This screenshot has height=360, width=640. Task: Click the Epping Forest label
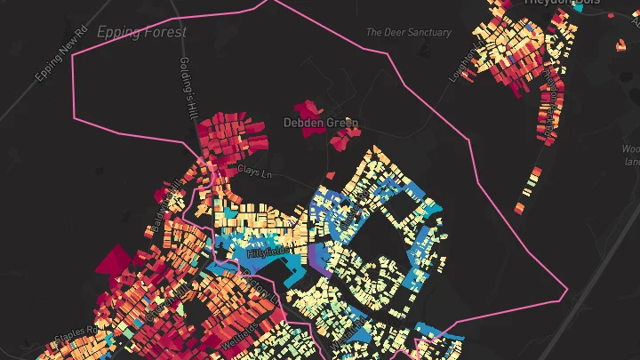(142, 32)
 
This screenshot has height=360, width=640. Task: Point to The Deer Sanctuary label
(409, 32)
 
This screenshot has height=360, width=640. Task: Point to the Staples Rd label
(75, 341)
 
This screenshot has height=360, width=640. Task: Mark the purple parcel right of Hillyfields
(319, 259)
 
